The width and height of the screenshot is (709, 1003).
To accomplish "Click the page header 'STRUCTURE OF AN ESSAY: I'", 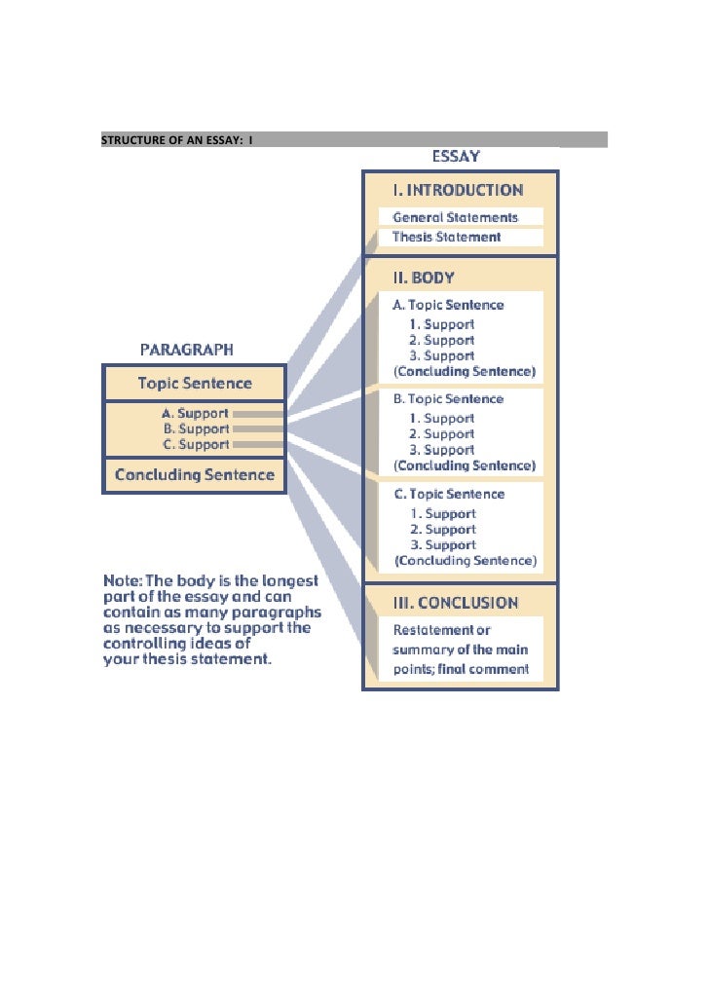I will [x=177, y=139].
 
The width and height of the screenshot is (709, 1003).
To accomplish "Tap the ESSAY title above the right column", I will [x=456, y=156].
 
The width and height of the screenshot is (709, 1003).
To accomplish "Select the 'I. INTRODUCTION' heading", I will [x=458, y=190].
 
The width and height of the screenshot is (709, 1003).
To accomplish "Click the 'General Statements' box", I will [x=455, y=217].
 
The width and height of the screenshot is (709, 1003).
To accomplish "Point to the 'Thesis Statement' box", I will [x=447, y=237].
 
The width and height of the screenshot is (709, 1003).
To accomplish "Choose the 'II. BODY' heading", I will [x=424, y=278].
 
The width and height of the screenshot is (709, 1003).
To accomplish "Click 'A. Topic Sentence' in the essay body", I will [x=449, y=305].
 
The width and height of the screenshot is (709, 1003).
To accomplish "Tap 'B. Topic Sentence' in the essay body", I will [x=449, y=399].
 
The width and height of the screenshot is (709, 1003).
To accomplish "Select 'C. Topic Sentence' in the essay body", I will [x=449, y=494].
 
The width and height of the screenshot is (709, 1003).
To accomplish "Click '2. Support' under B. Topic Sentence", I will [x=442, y=434].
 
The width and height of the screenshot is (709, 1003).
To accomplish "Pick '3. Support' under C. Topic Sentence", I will [x=443, y=545].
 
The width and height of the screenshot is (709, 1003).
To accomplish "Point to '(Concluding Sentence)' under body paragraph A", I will [x=465, y=372].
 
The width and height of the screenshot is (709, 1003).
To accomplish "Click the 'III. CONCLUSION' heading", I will [x=456, y=603].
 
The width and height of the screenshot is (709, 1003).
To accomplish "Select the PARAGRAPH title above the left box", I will [x=187, y=349].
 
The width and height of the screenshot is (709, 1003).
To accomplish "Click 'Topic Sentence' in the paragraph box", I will [x=195, y=384].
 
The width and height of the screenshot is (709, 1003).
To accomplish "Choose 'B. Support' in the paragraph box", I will [x=197, y=428].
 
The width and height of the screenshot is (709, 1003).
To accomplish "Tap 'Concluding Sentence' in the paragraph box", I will [x=195, y=475].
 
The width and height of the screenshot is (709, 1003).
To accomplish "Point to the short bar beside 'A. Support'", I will [x=258, y=414].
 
